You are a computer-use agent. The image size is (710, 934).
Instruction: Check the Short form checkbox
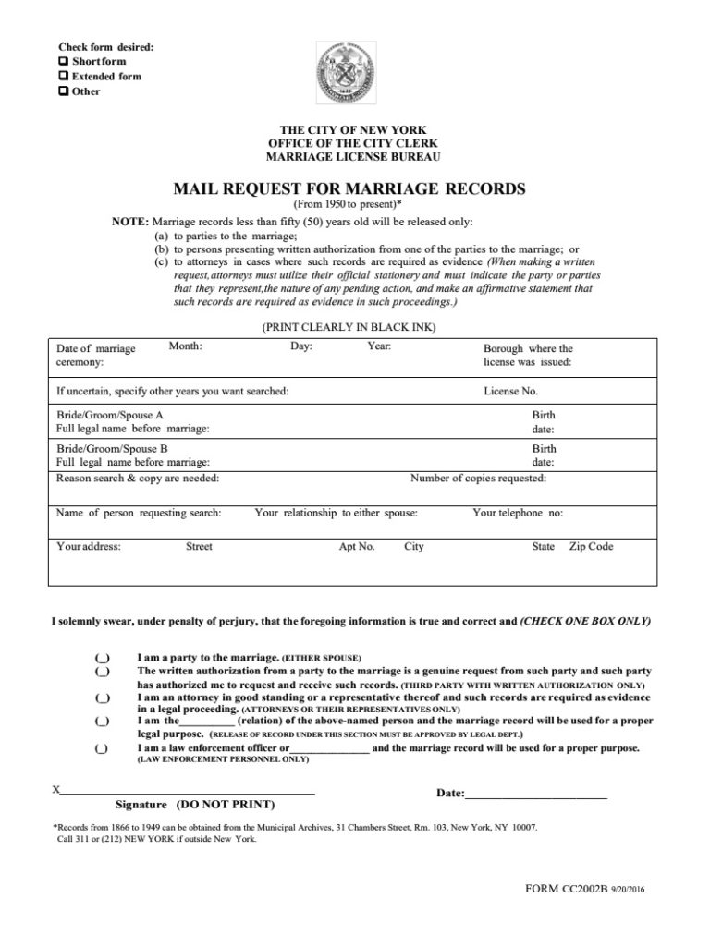pos(63,61)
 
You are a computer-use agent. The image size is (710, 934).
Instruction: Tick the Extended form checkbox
pos(63,76)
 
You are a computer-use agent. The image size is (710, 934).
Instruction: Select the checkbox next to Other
pos(63,91)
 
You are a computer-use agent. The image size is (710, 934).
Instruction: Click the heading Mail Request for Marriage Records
pos(349,189)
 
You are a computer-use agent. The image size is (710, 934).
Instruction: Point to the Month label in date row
pos(185,346)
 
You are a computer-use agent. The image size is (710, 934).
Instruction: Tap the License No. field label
pos(510,391)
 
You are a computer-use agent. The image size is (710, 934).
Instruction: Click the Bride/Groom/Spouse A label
pos(110,416)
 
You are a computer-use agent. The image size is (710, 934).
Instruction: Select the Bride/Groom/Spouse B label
pos(110,447)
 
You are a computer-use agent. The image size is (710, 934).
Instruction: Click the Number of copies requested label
pos(478,479)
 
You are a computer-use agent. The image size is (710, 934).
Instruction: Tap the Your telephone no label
pos(517,513)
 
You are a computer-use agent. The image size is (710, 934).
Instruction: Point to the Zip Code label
pos(591,547)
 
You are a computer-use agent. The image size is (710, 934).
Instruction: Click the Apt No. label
pos(357,547)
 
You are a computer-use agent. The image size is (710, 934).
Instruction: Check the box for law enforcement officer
pos(103,747)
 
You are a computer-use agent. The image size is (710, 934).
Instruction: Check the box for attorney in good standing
pos(103,699)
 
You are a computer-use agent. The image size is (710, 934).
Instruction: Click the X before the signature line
pos(57,790)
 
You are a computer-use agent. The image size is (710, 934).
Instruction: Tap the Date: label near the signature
pos(449,794)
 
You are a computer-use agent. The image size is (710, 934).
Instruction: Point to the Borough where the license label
pos(528,349)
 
